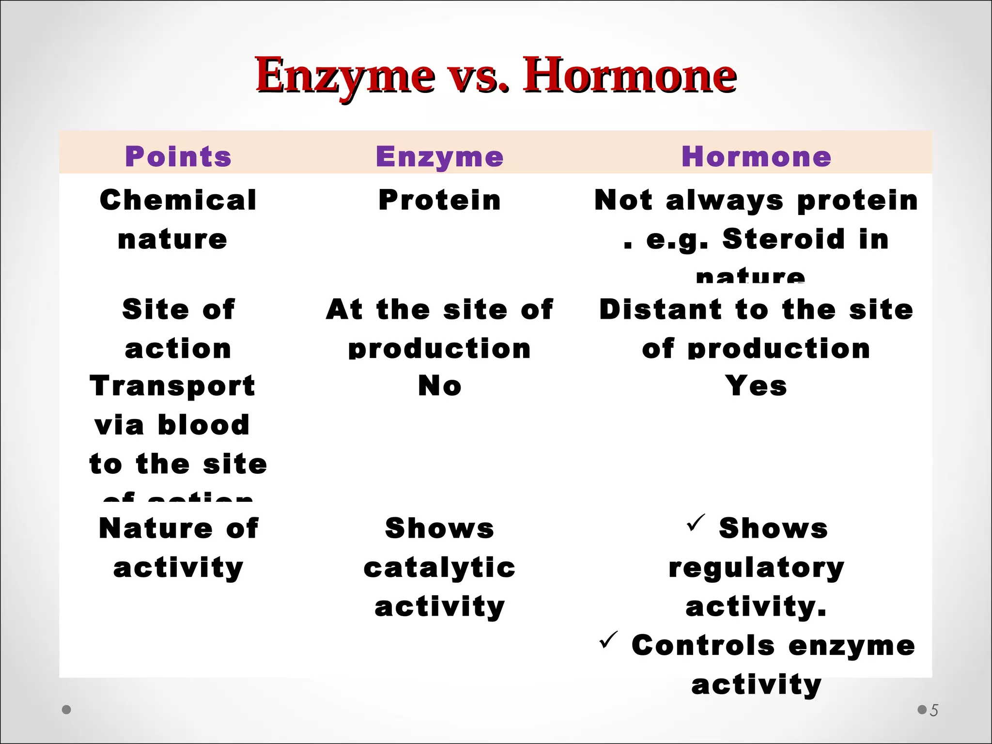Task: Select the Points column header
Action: pos(178,156)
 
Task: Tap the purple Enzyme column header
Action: pos(439,156)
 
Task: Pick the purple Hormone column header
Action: pos(756,156)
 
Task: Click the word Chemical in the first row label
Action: pos(178,200)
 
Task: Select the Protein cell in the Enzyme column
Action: pos(439,200)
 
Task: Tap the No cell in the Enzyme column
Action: pos(439,386)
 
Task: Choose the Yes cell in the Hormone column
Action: pos(756,386)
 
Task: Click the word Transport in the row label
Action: pos(172,386)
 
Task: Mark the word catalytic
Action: pos(439,567)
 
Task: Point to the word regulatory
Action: pos(756,567)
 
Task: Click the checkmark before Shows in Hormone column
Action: pos(696,523)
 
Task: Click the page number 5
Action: pos(934,711)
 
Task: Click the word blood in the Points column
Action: pos(203,425)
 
